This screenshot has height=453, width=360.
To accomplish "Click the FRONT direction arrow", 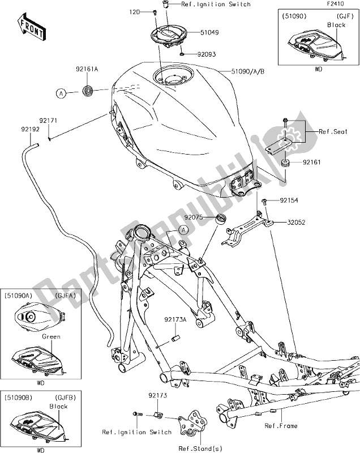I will (32, 29).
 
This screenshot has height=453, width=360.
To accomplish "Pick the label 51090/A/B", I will (249, 71).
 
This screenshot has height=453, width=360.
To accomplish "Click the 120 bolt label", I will (134, 11).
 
